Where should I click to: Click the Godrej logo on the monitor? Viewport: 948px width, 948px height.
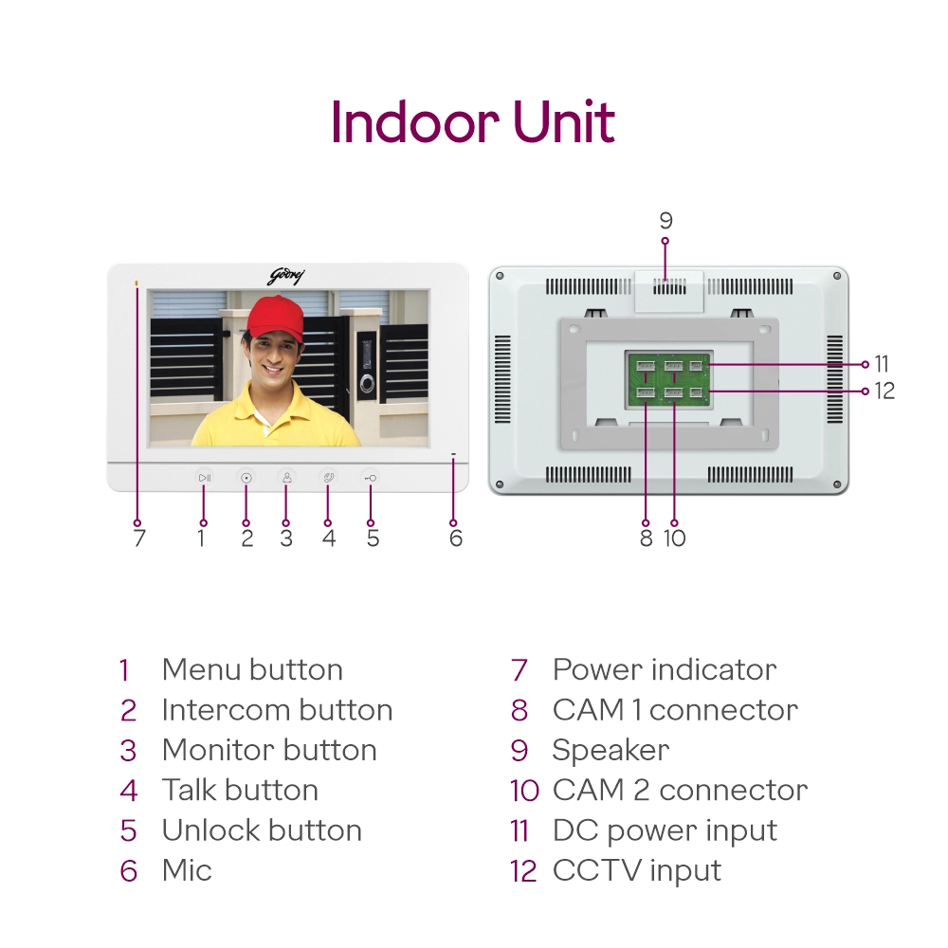[286, 276]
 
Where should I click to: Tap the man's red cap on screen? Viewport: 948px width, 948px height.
[275, 318]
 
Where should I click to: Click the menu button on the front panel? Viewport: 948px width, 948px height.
[205, 478]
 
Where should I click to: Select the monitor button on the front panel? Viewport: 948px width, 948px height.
[286, 478]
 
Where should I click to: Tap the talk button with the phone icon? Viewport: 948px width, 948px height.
[328, 478]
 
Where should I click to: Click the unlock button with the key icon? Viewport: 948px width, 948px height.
[370, 478]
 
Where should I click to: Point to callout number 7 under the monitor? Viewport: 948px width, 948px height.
[139, 538]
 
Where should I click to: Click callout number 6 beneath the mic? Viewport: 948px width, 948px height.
[456, 538]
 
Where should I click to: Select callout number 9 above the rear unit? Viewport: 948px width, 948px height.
[665, 221]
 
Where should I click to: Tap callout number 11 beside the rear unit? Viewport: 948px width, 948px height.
[882, 364]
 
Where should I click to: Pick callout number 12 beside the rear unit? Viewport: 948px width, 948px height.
[884, 391]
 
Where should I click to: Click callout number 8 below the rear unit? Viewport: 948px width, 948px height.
[647, 538]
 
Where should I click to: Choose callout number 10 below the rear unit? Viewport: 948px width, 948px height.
[674, 538]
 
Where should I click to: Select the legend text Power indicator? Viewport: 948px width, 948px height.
[664, 669]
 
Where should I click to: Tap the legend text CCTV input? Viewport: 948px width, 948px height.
[636, 870]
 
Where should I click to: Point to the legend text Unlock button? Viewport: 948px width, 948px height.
[262, 830]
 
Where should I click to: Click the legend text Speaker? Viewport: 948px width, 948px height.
[611, 750]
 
